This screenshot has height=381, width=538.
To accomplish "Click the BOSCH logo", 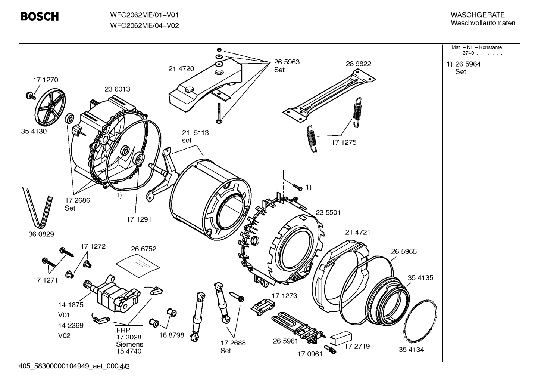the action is [x=40, y=16].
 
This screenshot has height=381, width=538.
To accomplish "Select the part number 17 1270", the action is [x=46, y=80].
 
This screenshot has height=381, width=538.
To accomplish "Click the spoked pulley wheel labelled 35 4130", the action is [x=50, y=107].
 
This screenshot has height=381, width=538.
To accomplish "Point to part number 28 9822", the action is [x=358, y=64].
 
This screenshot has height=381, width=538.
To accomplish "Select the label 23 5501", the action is [x=328, y=212].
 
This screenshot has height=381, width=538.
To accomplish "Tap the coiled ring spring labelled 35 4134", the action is [x=420, y=322].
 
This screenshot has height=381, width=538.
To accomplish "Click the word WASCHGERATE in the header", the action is [x=478, y=15].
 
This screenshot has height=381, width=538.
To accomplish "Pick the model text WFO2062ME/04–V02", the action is [x=145, y=25].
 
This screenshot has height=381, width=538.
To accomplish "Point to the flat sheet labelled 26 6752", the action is [x=138, y=265].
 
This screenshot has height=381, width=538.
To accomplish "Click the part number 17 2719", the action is [x=357, y=346].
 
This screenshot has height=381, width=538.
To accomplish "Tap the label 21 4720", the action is [x=181, y=69].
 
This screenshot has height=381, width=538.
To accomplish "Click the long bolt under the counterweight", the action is [x=219, y=113].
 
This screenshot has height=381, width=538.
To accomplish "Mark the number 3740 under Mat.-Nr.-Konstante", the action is [x=468, y=53].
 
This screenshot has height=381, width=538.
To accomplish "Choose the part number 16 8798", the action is [x=172, y=335].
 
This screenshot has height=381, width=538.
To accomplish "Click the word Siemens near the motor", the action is [x=129, y=344].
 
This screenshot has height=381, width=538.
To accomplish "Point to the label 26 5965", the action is [x=404, y=252].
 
